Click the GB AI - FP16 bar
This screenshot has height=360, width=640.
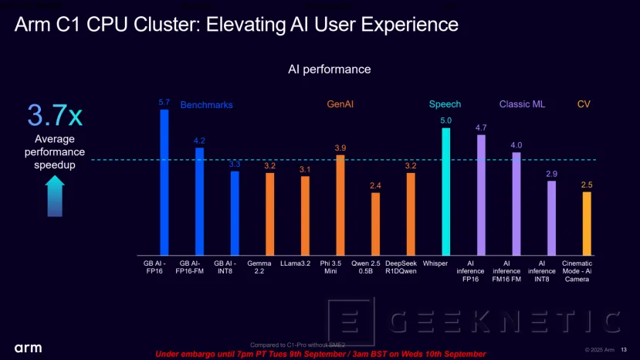point(164,182)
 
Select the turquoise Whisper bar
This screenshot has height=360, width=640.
point(445,192)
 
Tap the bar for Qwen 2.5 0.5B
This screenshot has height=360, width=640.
point(375,224)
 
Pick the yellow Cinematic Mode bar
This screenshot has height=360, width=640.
point(587,223)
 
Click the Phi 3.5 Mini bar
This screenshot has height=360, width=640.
point(340,205)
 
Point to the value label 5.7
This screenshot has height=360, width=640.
point(164,102)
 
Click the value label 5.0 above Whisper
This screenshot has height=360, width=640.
point(445,121)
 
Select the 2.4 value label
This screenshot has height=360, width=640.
point(375,185)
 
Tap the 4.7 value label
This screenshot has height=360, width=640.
point(481,127)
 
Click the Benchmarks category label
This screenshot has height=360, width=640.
point(206,105)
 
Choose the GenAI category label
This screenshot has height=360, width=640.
point(340,104)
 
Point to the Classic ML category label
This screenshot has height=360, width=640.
point(522,104)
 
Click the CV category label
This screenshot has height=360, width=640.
point(584,104)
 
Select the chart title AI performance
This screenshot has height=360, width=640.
point(330,70)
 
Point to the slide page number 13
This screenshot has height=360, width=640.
point(625,347)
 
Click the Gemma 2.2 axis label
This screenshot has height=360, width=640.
point(270,267)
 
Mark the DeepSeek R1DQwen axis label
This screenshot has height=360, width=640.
point(410,267)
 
